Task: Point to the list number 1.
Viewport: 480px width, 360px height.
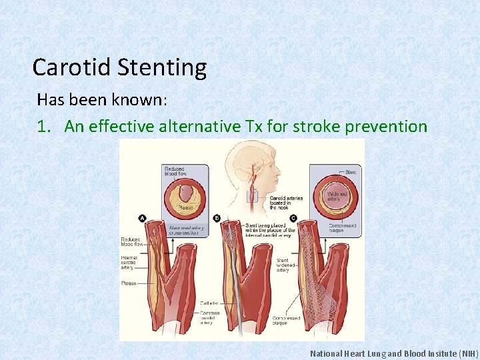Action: [44, 126]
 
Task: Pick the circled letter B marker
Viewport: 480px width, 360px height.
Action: [217, 217]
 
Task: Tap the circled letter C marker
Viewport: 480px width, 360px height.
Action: [293, 217]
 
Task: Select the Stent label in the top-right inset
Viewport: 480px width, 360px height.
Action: [353, 171]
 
